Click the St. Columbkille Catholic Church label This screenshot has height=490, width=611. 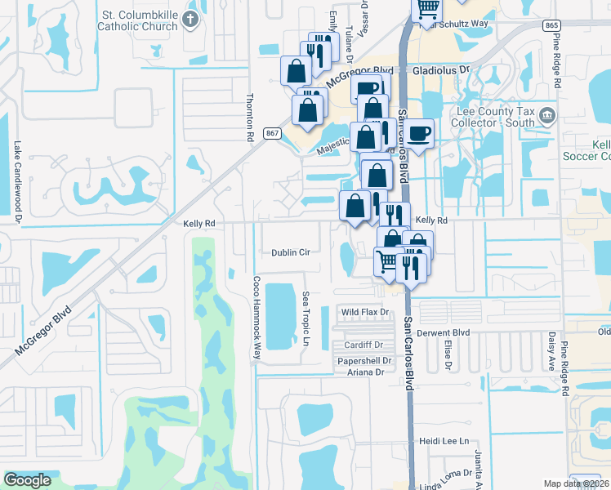[x=138, y=20]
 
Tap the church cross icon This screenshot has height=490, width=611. [x=191, y=19]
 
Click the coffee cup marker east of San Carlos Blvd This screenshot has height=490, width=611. [x=419, y=134]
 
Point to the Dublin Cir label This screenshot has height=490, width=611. [x=291, y=253]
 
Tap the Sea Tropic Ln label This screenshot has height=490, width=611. [x=305, y=318]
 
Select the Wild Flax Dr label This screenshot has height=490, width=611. [x=363, y=313]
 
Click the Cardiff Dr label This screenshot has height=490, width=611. [x=363, y=345]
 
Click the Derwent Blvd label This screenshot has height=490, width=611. [x=444, y=333]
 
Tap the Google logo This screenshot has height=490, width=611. [x=27, y=480]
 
